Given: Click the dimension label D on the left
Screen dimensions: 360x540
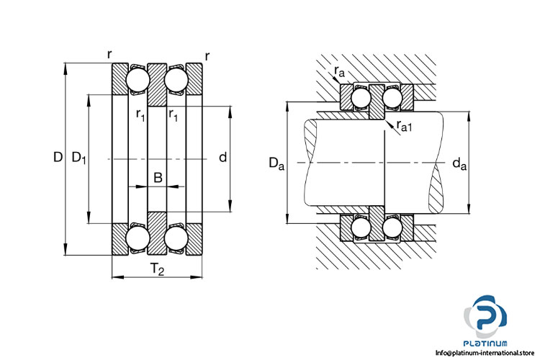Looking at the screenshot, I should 57,158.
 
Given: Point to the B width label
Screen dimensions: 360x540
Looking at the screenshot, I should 158,177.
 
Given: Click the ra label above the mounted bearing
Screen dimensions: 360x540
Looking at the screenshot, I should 339,71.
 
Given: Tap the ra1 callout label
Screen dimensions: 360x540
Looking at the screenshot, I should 405,127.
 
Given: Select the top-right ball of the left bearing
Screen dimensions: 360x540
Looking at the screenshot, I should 176,78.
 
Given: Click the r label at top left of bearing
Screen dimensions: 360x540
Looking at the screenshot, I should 109,55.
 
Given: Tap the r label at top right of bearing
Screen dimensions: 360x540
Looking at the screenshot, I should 207,55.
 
